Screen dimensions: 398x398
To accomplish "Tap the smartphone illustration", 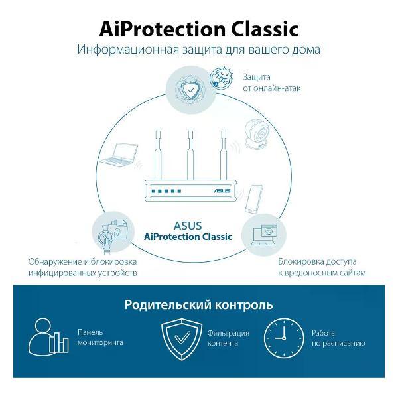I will (254, 198).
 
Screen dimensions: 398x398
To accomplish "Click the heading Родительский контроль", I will (198, 305).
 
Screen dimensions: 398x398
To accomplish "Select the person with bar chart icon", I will (48, 336).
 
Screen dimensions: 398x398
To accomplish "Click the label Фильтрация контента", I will (228, 338).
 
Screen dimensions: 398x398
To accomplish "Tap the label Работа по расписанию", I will (338, 338).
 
